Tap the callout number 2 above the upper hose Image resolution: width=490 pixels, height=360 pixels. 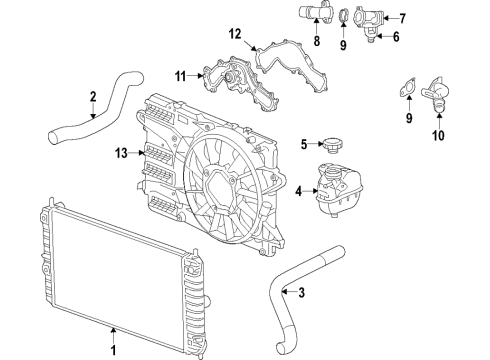92,97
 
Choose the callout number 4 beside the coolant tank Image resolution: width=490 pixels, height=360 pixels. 297,191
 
